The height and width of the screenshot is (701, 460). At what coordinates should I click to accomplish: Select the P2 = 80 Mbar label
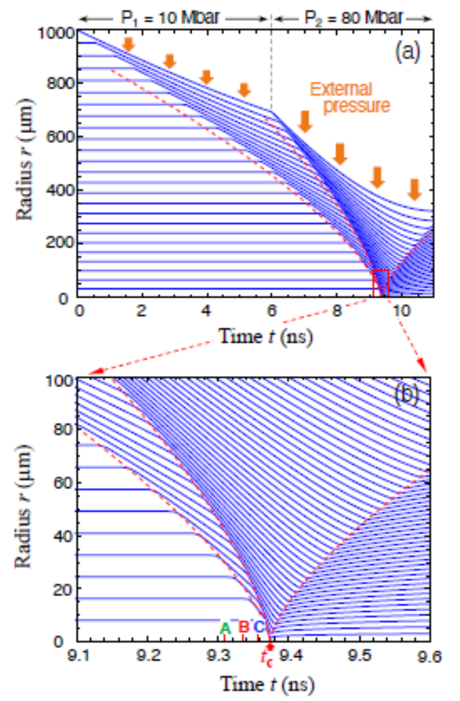coord(353,18)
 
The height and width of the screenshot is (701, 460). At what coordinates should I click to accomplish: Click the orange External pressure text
coord(349,97)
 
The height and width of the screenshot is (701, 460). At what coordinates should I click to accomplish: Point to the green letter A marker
coord(226,628)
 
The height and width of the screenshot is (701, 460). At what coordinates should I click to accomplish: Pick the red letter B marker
coord(243,626)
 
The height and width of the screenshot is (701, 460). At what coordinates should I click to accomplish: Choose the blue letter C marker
coord(258,627)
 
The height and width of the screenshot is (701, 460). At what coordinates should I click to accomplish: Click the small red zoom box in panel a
coord(381,281)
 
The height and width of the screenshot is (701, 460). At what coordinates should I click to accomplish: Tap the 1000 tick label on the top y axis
coord(62,33)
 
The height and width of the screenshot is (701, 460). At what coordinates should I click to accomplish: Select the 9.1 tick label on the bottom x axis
coord(78,657)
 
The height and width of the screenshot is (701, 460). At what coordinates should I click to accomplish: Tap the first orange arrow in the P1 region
coord(129,44)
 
